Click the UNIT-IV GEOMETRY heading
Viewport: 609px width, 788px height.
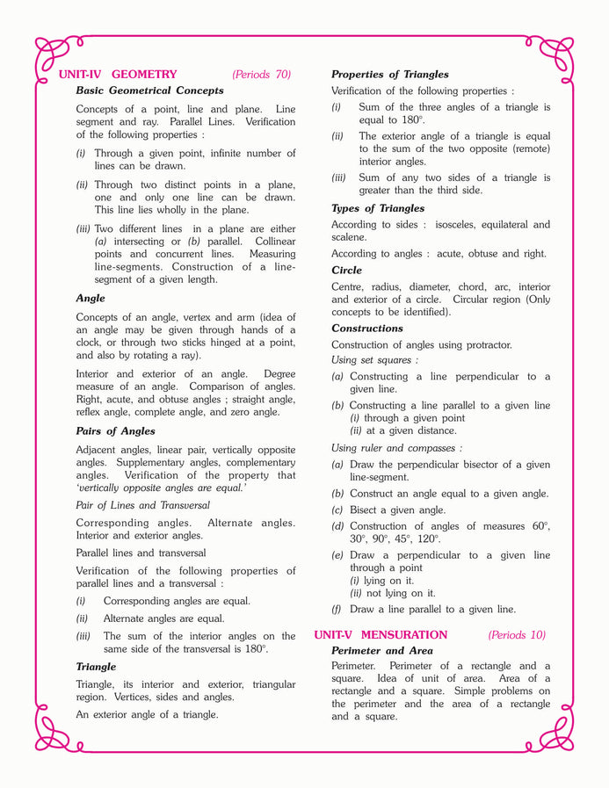click(x=117, y=75)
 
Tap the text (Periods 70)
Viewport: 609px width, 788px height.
click(x=261, y=75)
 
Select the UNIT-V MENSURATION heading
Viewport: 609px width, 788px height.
click(x=381, y=635)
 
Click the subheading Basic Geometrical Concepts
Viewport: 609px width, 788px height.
click(x=149, y=90)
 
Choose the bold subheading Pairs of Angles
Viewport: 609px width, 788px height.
click(x=115, y=431)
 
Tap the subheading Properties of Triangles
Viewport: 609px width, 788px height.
click(x=389, y=75)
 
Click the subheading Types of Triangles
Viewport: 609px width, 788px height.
click(x=377, y=208)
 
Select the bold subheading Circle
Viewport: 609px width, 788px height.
click(x=346, y=271)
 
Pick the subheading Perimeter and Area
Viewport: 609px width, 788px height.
click(x=381, y=651)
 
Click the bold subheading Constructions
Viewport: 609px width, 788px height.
click(x=366, y=329)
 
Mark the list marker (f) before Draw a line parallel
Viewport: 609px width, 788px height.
click(x=337, y=609)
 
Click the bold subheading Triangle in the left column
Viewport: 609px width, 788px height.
click(x=96, y=667)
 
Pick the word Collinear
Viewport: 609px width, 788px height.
click(x=272, y=242)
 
